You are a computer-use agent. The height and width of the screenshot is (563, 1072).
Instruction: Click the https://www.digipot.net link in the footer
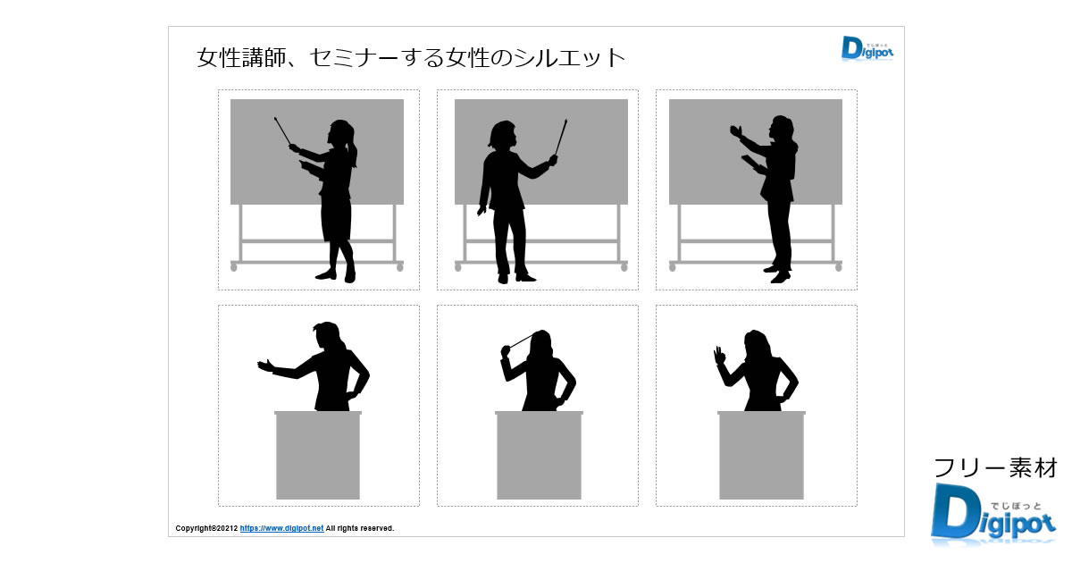point(281,528)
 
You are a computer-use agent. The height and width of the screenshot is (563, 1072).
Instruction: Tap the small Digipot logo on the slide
point(867,48)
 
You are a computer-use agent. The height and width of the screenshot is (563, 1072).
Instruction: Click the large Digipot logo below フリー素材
point(993,514)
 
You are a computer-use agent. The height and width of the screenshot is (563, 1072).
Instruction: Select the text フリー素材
point(995,467)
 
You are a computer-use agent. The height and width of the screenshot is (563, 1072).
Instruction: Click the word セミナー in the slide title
point(354,58)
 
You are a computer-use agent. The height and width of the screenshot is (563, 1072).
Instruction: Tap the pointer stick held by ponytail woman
point(283,131)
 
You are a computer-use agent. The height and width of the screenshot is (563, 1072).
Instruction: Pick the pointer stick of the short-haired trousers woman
point(561,138)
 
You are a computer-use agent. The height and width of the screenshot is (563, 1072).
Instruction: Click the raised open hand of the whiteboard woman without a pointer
point(736,131)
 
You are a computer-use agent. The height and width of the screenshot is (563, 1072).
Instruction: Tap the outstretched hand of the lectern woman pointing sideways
point(265,366)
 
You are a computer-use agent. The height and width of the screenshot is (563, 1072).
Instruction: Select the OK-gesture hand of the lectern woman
point(719,356)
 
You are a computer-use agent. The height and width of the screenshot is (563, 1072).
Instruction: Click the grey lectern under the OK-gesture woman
point(761,455)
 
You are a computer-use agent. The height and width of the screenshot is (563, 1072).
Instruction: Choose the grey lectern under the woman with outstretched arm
point(318,455)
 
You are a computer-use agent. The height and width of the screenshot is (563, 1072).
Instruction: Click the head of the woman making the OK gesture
point(756,344)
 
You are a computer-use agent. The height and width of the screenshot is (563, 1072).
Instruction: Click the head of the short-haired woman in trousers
point(502,134)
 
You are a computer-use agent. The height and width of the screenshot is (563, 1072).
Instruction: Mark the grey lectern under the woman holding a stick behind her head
point(539,455)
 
